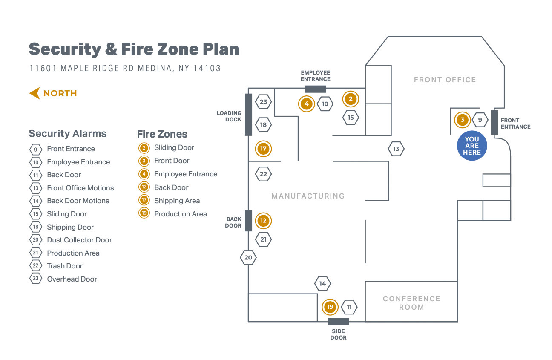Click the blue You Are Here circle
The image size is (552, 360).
pos(471,146)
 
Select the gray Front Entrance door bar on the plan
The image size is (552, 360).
pos(494,123)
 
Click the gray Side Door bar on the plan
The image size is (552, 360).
pos(338,321)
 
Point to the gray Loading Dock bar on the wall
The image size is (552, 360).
pos(248,115)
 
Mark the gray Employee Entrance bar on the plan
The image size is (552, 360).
pos(316,89)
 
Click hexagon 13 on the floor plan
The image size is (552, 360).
pos(396,149)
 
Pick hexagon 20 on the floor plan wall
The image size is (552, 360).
pos(248,257)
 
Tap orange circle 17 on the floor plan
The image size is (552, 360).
pos(263,149)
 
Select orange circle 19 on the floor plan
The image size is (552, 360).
pos(330,307)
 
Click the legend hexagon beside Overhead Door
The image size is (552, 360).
pos(35,279)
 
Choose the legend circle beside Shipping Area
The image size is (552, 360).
pos(144,201)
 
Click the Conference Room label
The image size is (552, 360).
pos(411,303)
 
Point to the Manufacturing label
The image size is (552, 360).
pos(308,196)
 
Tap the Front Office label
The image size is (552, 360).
pos(445,80)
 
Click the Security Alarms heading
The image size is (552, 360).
pos(67,133)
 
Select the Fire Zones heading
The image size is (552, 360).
pos(162,134)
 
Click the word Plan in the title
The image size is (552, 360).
pos(221,49)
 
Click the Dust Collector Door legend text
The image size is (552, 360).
pos(79,240)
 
